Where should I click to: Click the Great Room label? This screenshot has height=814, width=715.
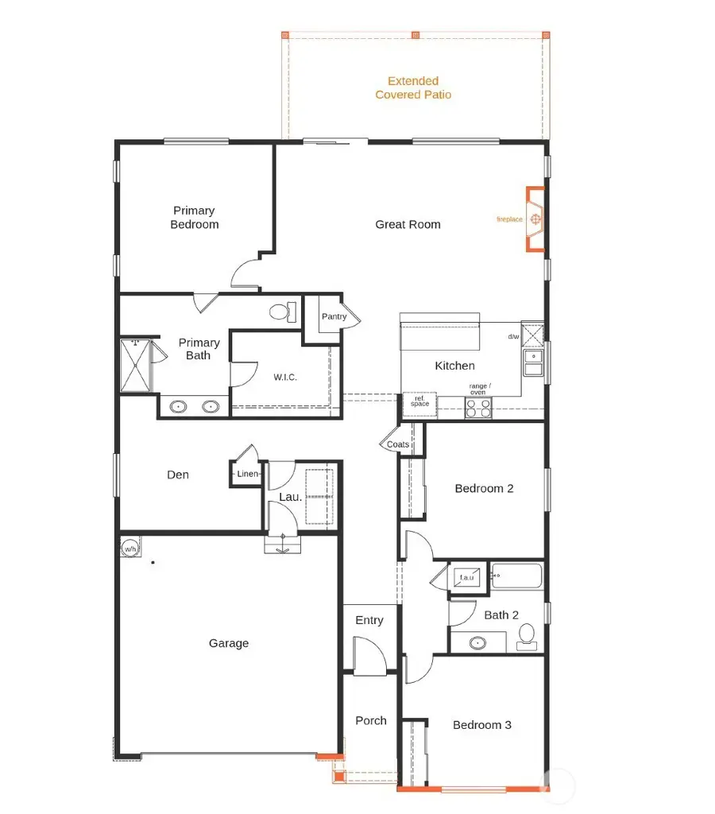408,224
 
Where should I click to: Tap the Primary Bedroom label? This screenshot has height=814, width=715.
195,217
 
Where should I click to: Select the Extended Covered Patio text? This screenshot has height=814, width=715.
413,87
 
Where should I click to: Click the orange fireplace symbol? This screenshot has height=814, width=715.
536,219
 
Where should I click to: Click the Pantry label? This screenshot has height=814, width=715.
334,316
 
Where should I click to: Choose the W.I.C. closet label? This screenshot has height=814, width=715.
284,377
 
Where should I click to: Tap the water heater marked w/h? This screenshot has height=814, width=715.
129,547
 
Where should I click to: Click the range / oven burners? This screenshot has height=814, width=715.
478,408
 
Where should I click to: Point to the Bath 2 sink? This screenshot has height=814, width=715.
477,642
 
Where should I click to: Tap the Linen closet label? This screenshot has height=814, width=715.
248,474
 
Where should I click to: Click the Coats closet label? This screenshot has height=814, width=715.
398,444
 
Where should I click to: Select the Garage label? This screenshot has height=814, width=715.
229,643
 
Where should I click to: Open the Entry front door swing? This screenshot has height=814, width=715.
369,657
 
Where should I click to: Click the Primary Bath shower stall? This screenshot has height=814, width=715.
135,365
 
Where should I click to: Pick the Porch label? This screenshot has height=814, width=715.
371,720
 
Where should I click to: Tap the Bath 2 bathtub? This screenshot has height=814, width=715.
516,576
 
